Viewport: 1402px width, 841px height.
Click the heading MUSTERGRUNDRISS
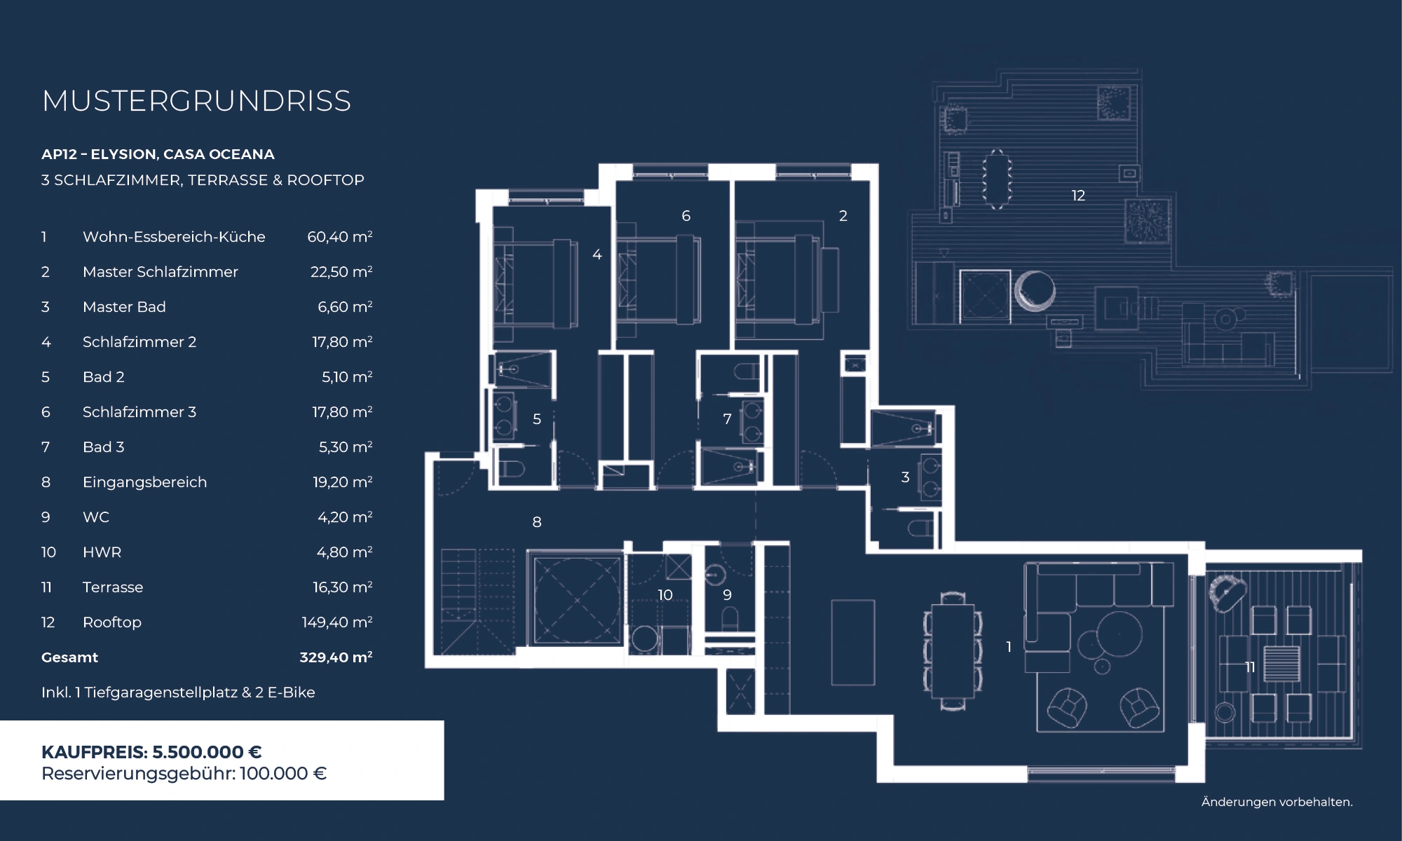196,101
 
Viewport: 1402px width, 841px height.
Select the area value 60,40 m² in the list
339,237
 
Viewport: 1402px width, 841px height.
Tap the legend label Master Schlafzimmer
161,272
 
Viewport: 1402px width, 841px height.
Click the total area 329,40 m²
336,657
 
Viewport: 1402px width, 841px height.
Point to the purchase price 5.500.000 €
207,752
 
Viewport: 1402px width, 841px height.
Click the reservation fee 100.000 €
283,774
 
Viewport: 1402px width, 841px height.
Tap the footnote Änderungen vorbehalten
1277,802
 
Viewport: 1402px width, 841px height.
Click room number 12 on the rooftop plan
1078,196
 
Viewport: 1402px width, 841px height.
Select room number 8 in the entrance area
537,522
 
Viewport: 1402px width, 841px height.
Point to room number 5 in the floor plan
537,419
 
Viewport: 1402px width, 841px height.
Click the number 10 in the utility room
665,595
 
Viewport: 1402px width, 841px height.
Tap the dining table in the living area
953,651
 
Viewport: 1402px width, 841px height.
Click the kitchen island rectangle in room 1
853,642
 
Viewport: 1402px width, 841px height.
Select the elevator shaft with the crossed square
577,601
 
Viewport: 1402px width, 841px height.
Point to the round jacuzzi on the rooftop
1034,290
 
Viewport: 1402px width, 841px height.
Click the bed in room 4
536,283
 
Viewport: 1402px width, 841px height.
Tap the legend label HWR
102,552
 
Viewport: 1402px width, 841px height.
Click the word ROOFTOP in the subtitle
325,180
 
